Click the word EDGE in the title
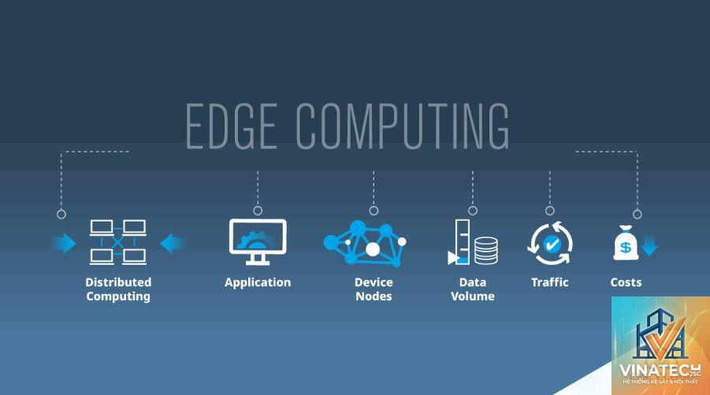[x=232, y=126]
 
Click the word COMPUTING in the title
[x=403, y=126]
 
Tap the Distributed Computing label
[x=118, y=289]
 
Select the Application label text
[x=258, y=283]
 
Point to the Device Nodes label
[x=374, y=289]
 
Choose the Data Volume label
[x=473, y=289]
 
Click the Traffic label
[x=550, y=282]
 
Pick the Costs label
[x=626, y=282]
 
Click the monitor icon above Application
[x=258, y=242]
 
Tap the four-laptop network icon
[x=117, y=242]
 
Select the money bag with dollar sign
[x=626, y=244]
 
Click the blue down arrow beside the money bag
[x=649, y=245]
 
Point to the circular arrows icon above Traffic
[x=550, y=244]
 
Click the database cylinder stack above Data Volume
[x=486, y=251]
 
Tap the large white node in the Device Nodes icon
[x=373, y=249]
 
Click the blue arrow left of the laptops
[x=64, y=244]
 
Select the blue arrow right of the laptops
[x=173, y=244]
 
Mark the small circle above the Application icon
[x=258, y=211]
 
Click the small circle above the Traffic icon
[x=550, y=211]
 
